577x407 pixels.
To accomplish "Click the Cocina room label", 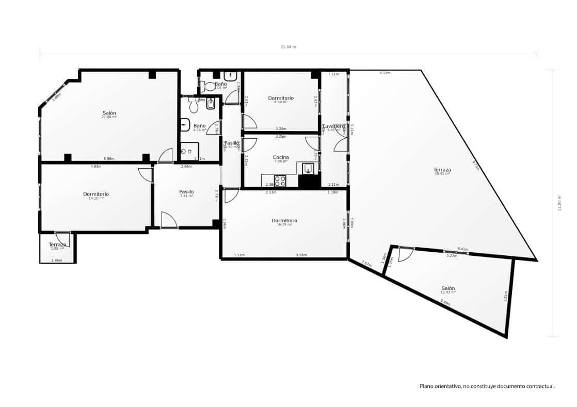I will pyautogui.click(x=281, y=157).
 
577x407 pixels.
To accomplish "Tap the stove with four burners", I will pyautogui.click(x=280, y=181).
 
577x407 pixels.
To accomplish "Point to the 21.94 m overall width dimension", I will pyautogui.click(x=288, y=47).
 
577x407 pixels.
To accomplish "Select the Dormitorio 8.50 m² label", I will pyautogui.click(x=281, y=98).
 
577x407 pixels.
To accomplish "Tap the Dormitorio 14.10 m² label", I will pyautogui.click(x=96, y=194).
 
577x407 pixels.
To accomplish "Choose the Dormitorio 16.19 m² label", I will pyautogui.click(x=284, y=221).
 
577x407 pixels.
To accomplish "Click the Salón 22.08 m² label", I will pyautogui.click(x=109, y=113).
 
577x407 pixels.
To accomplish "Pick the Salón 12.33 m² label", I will pyautogui.click(x=448, y=288).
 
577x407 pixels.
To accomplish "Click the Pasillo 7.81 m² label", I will pyautogui.click(x=186, y=192).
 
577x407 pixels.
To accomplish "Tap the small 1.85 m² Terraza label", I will pyautogui.click(x=57, y=245).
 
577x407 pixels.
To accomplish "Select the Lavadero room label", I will pyautogui.click(x=333, y=126).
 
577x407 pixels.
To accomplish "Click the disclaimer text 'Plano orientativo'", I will pyautogui.click(x=487, y=386).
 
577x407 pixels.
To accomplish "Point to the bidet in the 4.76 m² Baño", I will pyautogui.click(x=210, y=104).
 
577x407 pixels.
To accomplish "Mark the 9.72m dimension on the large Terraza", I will pyautogui.click(x=475, y=165).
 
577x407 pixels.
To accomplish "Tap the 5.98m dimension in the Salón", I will pyautogui.click(x=108, y=158).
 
